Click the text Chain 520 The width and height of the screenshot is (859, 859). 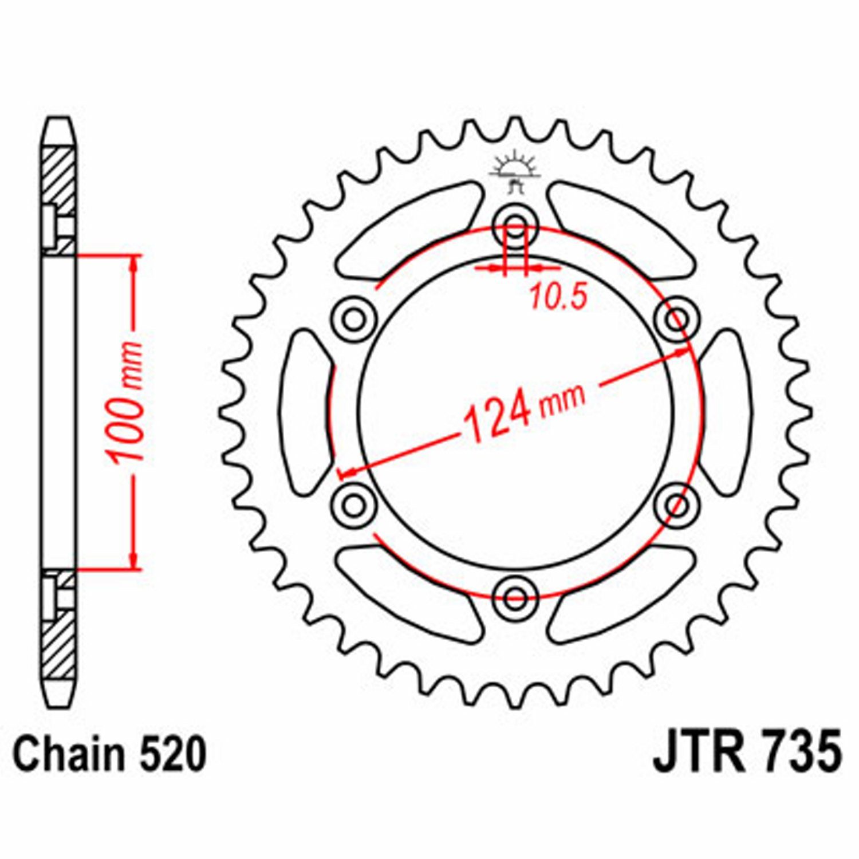pyautogui.click(x=109, y=754)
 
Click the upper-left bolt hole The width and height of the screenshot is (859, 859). pyautogui.click(x=354, y=318)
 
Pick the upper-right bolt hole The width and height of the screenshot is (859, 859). pyautogui.click(x=677, y=318)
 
